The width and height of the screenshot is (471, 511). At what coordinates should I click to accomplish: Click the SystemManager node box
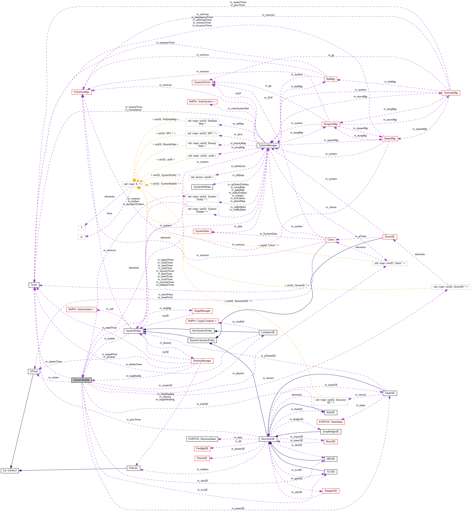pos(268,145)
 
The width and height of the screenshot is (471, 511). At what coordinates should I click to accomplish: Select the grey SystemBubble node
pos(82,380)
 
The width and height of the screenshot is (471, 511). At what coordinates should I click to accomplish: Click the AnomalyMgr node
pos(451,93)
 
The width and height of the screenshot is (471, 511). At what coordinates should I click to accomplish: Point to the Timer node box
pos(34,285)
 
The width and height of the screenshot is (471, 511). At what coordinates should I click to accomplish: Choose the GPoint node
pos(34,371)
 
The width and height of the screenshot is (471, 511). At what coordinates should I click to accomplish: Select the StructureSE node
pos(268,439)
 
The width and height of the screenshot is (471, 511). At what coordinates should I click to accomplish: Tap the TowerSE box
pos(389,393)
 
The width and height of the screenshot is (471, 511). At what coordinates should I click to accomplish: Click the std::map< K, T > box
pos(133,184)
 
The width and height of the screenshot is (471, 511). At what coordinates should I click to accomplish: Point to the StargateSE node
pos(331,491)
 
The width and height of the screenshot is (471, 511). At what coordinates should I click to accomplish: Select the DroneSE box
pos(389,237)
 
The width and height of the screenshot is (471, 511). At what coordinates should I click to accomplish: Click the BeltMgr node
pos(331,79)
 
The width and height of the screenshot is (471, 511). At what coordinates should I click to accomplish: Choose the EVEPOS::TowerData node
pos(331,422)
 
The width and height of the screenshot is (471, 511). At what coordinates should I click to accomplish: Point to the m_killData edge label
pos(238,175)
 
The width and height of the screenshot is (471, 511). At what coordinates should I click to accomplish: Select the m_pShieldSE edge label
pos(268,356)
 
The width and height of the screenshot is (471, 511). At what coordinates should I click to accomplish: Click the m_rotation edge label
pos(202,469)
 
